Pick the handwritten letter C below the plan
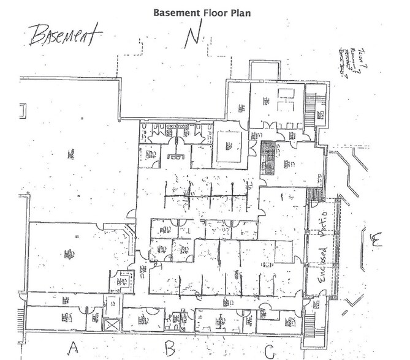269,350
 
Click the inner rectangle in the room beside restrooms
231,145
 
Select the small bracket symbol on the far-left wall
23,111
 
